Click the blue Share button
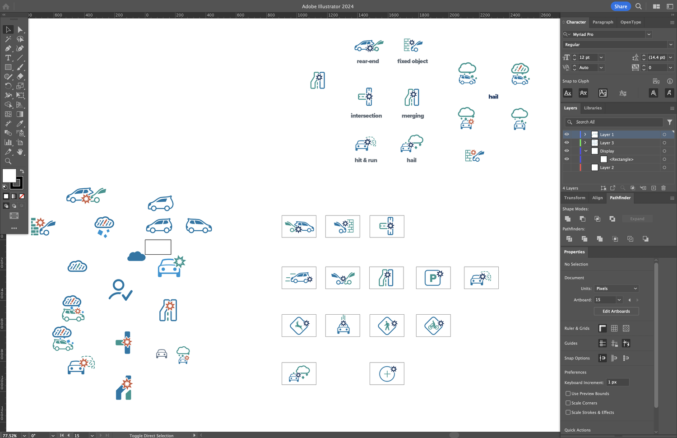pyautogui.click(x=621, y=6)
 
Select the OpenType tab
pyautogui.click(x=631, y=22)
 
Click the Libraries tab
pyautogui.click(x=593, y=108)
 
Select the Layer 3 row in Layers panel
pyautogui.click(x=607, y=143)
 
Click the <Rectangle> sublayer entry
pyautogui.click(x=621, y=159)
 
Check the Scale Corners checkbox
pyautogui.click(x=568, y=403)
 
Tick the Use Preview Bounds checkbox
pyautogui.click(x=568, y=393)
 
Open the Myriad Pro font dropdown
pyautogui.click(x=649, y=34)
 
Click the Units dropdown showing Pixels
pyautogui.click(x=616, y=289)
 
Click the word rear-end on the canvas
pyautogui.click(x=368, y=61)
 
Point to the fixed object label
pyautogui.click(x=413, y=61)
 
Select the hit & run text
pyautogui.click(x=366, y=160)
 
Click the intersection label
pyautogui.click(x=366, y=116)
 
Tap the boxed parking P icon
pyautogui.click(x=433, y=278)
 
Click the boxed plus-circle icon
pyautogui.click(x=387, y=373)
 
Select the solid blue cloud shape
pyautogui.click(x=136, y=256)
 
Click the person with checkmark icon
pyautogui.click(x=120, y=290)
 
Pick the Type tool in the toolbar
pyautogui.click(x=8, y=58)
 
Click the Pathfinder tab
pyautogui.click(x=620, y=198)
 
